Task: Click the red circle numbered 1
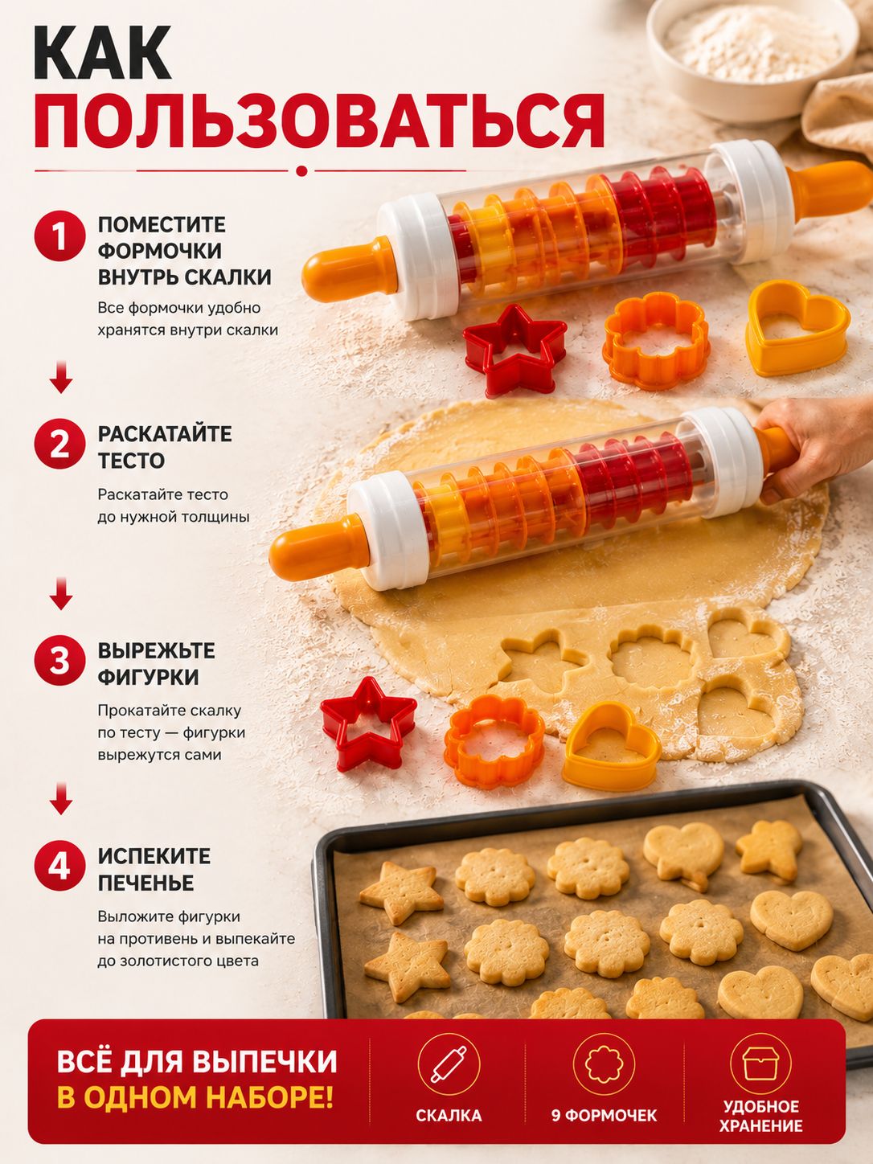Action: coord(60,236)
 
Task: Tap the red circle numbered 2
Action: coord(60,444)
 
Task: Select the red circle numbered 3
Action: coord(60,661)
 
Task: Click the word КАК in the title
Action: coord(103,52)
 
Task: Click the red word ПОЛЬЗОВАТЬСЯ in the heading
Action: coord(320,121)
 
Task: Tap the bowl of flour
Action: coord(752,55)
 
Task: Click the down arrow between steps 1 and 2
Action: coord(61,377)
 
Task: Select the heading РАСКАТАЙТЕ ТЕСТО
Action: coord(165,447)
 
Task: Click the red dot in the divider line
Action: coord(301,170)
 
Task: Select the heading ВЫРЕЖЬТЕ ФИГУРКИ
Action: coord(157,664)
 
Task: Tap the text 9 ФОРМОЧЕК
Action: coord(605,1115)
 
